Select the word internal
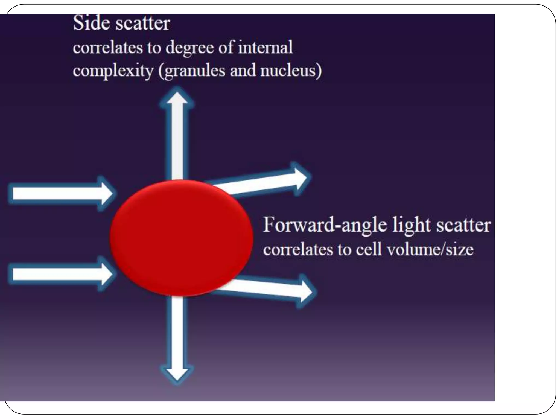pos(265,47)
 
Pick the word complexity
pos(113,71)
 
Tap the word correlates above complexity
pos(108,48)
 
